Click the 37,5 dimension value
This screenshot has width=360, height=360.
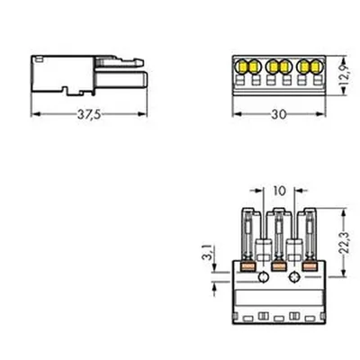pyautogui.click(x=89, y=114)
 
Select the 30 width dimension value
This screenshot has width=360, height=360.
pyautogui.click(x=279, y=114)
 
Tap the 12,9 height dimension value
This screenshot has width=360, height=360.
pyautogui.click(x=346, y=75)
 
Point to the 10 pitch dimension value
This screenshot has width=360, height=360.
pyautogui.click(x=280, y=191)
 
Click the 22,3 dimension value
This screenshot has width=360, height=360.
pyautogui.click(x=346, y=243)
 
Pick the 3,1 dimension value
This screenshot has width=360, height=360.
pyautogui.click(x=211, y=252)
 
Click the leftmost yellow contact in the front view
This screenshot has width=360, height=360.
pyautogui.click(x=241, y=67)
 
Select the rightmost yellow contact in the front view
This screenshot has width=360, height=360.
pyautogui.click(x=315, y=67)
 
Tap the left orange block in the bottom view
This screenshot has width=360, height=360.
pyautogui.click(x=248, y=266)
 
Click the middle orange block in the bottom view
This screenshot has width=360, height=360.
pyautogui.click(x=279, y=266)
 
